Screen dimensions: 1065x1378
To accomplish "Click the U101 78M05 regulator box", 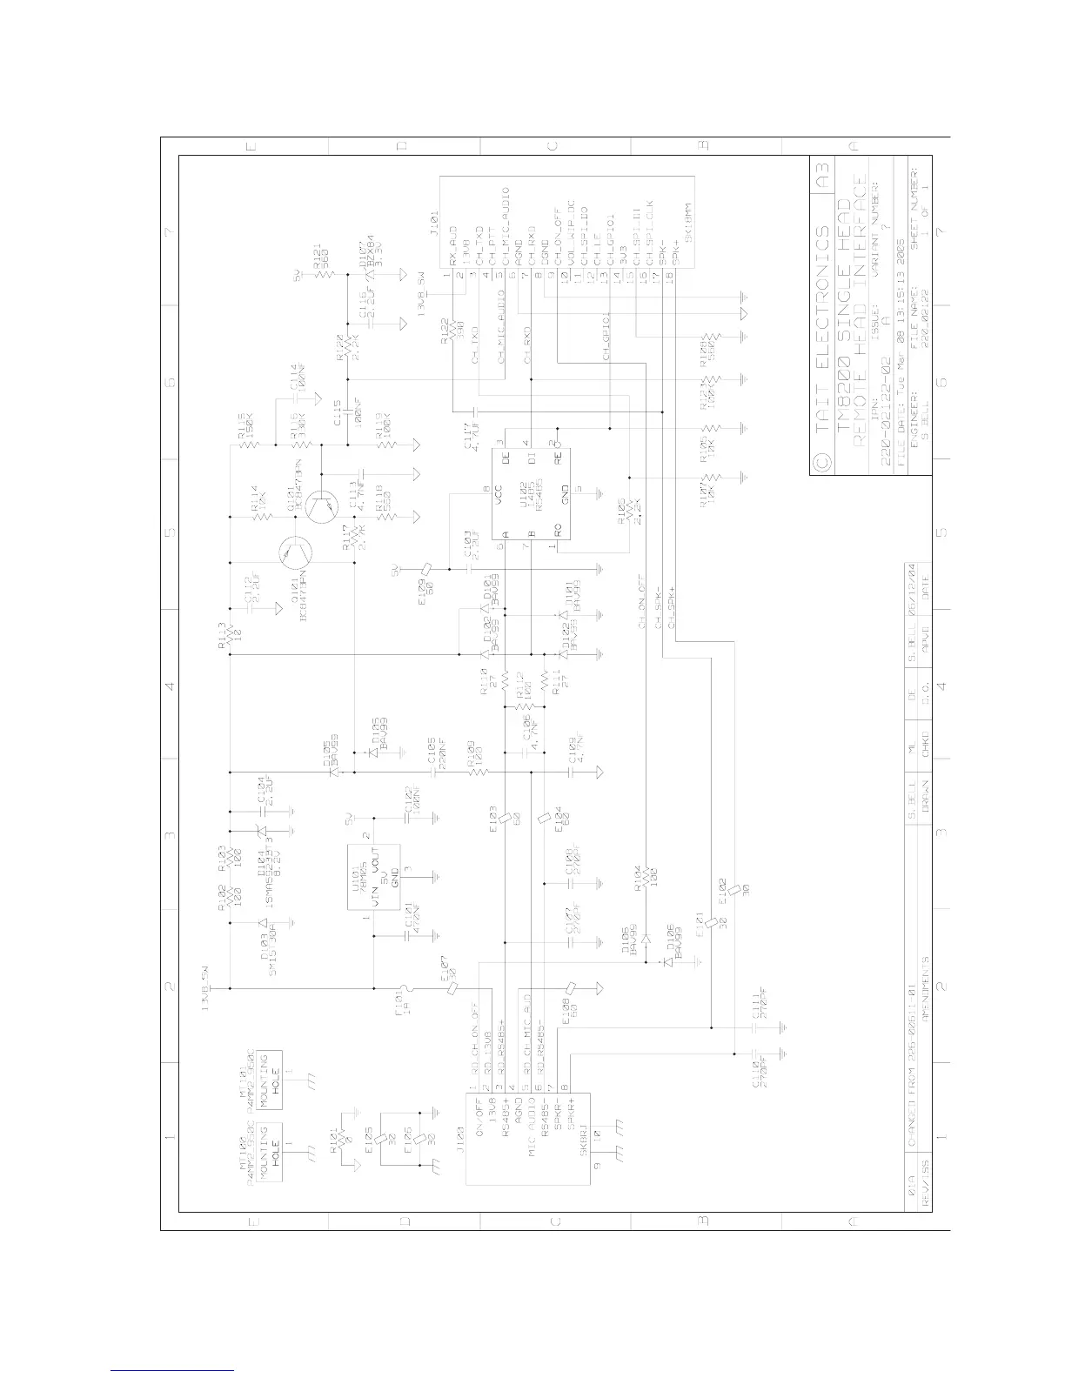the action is click(375, 878).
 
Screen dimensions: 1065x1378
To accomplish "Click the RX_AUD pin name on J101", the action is click(453, 246).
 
